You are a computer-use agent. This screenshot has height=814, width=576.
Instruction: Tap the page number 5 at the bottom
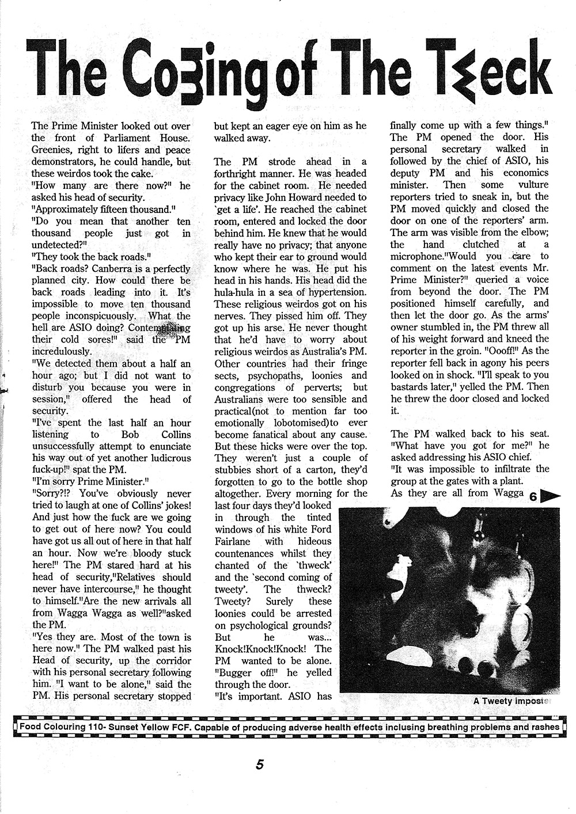click(260, 766)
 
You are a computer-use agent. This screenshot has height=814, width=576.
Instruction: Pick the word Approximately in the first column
click(65, 209)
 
